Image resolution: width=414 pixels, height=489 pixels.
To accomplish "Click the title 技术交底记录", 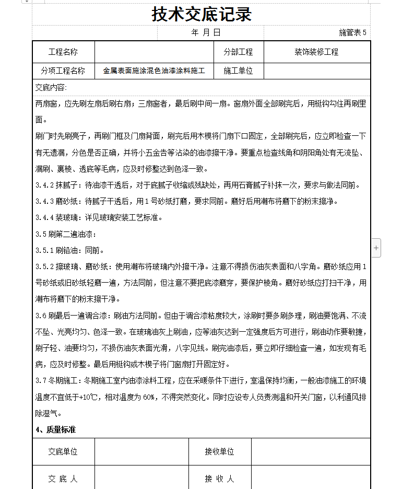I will (x=202, y=14).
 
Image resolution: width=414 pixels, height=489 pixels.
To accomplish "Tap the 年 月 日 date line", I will (x=206, y=32).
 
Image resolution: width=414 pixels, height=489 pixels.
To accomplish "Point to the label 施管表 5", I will (x=352, y=32).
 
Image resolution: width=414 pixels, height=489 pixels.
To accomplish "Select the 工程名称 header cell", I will (x=63, y=52).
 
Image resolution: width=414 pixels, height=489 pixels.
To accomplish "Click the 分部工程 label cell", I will (x=238, y=52).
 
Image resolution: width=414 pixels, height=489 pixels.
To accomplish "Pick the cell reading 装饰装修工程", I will (x=316, y=52).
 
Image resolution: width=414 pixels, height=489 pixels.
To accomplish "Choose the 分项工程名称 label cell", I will (x=63, y=71).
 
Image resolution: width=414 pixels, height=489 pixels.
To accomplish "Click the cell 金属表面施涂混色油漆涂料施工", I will (x=154, y=71).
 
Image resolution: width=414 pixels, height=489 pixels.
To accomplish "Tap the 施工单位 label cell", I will (x=238, y=71).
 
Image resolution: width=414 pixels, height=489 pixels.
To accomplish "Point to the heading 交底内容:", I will (x=51, y=87).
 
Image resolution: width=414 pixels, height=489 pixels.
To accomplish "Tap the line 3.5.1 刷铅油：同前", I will (x=70, y=250).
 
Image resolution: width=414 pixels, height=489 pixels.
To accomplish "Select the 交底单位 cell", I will (x=63, y=452).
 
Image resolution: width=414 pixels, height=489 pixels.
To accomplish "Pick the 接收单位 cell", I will (x=219, y=452).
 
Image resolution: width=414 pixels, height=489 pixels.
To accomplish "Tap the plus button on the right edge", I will (x=376, y=248).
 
